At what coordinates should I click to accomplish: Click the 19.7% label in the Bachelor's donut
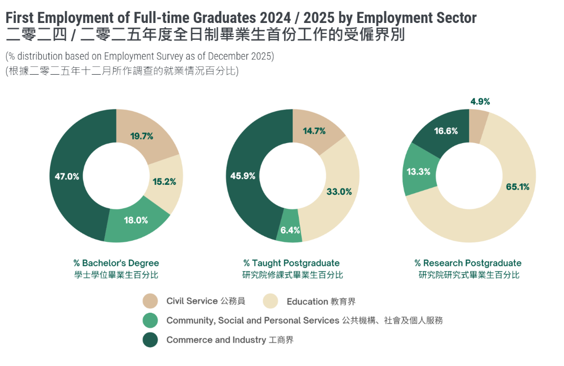click(x=142, y=136)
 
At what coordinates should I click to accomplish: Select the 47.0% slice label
click(x=67, y=176)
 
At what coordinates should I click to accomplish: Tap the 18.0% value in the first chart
click(x=136, y=220)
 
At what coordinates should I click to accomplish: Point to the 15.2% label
click(x=164, y=182)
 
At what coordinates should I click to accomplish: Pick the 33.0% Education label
click(x=339, y=192)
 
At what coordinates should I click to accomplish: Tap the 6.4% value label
click(x=290, y=230)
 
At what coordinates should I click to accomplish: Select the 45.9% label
click(x=243, y=176)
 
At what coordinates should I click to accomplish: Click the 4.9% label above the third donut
click(x=480, y=101)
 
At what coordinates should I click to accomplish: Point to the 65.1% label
click(x=518, y=186)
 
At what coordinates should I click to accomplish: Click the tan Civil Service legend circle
click(x=150, y=301)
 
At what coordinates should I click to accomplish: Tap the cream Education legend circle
click(x=270, y=301)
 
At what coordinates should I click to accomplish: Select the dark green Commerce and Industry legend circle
click(x=150, y=340)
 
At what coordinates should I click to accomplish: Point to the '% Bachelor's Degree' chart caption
click(x=116, y=263)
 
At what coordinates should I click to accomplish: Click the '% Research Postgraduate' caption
click(x=468, y=263)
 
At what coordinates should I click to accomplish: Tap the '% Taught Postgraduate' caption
click(x=291, y=263)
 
